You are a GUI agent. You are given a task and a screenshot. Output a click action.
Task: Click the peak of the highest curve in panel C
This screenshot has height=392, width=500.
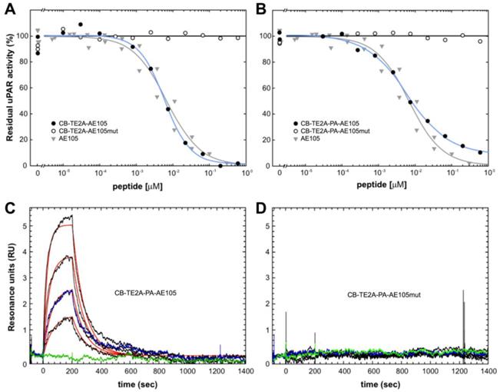[x=71, y=216]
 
